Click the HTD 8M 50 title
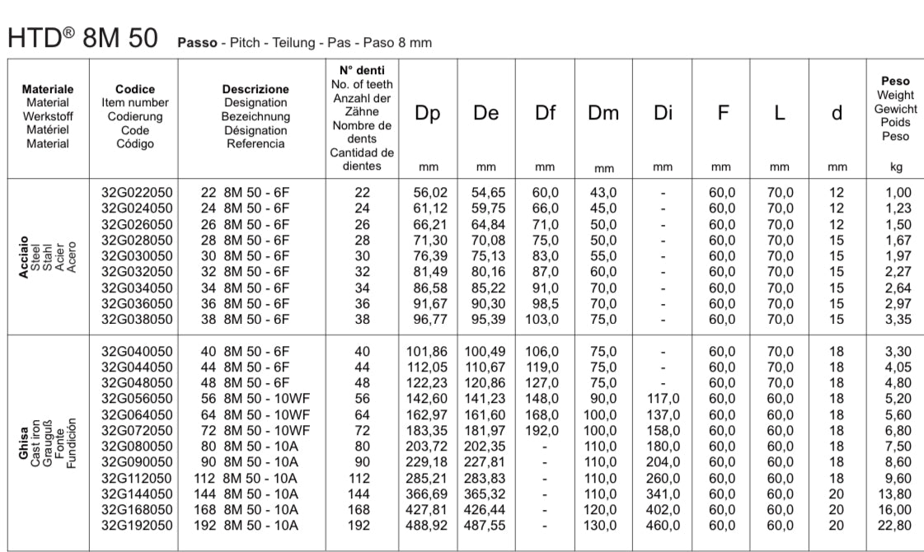82,36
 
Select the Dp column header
427,115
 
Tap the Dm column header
603,115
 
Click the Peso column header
895,82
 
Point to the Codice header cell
135,89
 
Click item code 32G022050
138,193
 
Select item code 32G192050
138,525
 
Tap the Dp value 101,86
428,351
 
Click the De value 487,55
487,525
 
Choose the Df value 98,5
545,304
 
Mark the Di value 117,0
663,399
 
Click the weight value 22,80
896,525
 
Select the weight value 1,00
896,193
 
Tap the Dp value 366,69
428,494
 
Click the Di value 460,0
663,525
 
